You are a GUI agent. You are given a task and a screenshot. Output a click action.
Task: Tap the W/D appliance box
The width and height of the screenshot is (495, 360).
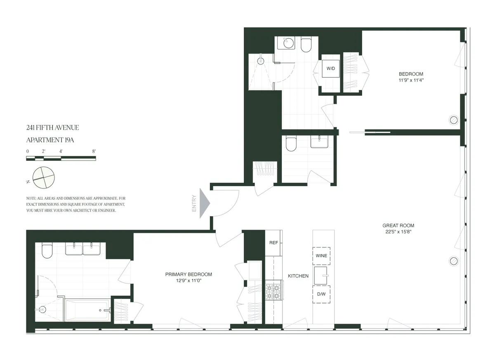(x=331, y=68)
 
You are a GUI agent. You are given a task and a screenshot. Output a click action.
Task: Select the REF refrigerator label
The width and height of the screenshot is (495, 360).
(x=273, y=243)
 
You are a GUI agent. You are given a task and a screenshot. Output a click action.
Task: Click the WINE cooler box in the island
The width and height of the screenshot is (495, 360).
(x=321, y=256)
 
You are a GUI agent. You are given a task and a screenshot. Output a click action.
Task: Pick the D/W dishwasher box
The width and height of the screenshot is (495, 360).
(x=321, y=294)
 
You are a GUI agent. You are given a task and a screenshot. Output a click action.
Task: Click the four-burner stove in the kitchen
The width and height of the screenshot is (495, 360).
(x=273, y=290)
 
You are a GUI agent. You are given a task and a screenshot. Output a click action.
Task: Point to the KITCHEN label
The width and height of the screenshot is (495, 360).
(x=298, y=276)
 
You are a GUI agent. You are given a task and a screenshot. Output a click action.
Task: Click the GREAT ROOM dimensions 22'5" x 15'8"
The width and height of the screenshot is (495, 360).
(x=398, y=232)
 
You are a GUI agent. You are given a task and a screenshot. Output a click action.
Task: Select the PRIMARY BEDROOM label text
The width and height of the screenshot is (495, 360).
(x=189, y=274)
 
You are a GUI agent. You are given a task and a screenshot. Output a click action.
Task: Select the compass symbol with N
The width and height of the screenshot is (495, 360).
(x=43, y=177)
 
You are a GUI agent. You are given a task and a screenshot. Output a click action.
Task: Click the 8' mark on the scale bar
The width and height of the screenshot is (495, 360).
(x=94, y=151)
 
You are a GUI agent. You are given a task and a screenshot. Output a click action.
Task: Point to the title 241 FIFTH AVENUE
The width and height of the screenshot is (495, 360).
(x=52, y=128)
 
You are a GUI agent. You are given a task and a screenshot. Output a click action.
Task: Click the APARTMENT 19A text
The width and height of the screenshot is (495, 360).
(x=50, y=140)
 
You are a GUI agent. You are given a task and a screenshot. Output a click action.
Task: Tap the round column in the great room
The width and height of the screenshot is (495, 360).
(x=453, y=261)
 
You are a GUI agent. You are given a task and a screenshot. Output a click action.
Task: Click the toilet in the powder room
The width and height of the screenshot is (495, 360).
(x=291, y=144)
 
